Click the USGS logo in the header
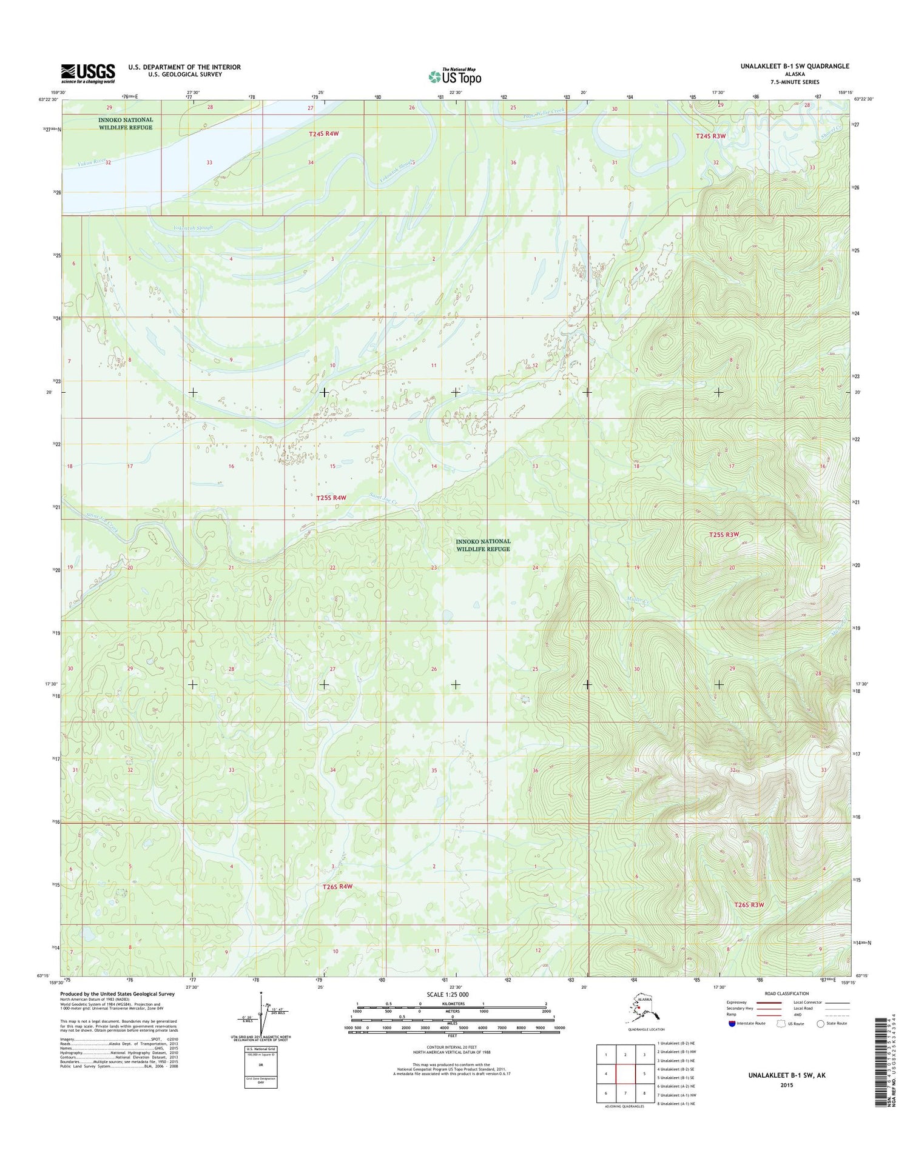[x=87, y=73]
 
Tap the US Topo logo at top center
[x=455, y=76]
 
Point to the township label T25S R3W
[x=724, y=535]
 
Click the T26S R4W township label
[x=337, y=886]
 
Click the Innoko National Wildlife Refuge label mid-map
[x=483, y=545]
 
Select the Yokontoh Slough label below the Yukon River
[x=193, y=228]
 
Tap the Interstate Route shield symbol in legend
[x=732, y=1024]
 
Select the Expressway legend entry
[x=752, y=1003]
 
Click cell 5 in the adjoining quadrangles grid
[x=644, y=1074]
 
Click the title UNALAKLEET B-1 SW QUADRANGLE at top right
[x=794, y=66]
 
